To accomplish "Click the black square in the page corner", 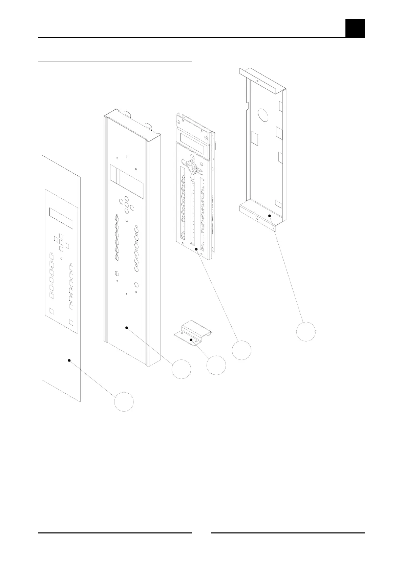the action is click(355, 28).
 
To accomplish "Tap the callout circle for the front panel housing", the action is click(181, 369).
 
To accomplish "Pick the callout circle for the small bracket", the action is click(216, 365).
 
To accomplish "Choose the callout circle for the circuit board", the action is click(242, 350).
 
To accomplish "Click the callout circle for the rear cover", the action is click(306, 331).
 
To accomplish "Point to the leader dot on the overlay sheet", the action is click(69, 360).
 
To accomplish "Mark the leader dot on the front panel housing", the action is click(127, 328).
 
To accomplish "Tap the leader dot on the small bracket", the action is click(191, 339).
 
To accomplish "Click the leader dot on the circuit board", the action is click(196, 249).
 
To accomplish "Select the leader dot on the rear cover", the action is click(270, 215).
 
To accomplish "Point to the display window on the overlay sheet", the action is click(61, 218).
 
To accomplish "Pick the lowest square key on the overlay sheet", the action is click(71, 322).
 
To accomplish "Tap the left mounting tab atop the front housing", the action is click(128, 114).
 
